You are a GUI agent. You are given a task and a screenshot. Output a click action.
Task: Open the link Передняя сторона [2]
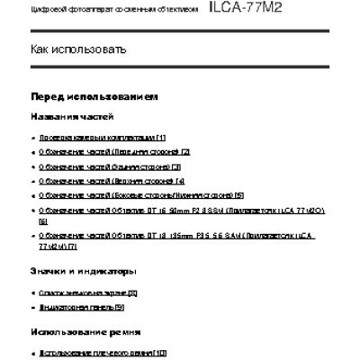pyautogui.click(x=114, y=152)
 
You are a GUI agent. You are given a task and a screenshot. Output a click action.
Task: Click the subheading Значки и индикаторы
pyautogui.click(x=82, y=270)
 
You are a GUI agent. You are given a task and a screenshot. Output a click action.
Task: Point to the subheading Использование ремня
pyautogui.click(x=82, y=331)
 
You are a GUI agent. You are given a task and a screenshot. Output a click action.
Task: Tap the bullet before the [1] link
pyautogui.click(x=33, y=137)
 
